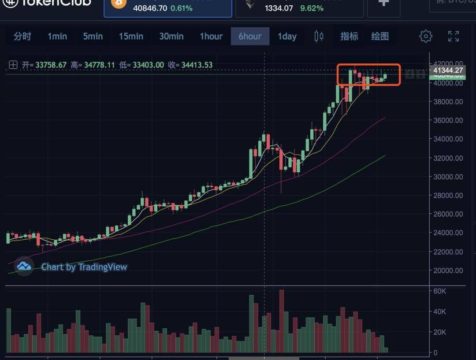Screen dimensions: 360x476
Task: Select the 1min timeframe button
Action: tap(57, 36)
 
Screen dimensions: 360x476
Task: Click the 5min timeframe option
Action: tap(93, 36)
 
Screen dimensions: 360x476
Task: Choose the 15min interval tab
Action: tap(131, 36)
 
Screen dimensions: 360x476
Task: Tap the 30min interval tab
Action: tap(171, 36)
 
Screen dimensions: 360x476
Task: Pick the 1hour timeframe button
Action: tap(211, 36)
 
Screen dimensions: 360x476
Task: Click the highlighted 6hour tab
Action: tap(250, 36)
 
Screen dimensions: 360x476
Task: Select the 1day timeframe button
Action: tap(287, 36)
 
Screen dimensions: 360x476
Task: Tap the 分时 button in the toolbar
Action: tap(22, 36)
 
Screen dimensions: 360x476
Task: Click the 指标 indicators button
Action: tap(349, 36)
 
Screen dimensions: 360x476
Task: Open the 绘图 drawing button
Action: tap(380, 36)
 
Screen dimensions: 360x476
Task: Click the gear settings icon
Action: tap(426, 36)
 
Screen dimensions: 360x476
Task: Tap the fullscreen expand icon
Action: tap(454, 36)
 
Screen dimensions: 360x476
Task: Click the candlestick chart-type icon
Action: tap(319, 36)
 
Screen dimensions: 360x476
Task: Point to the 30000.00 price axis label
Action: tap(447, 177)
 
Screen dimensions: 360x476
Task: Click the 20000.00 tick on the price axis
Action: tap(447, 271)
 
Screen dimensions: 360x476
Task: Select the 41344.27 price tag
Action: tap(447, 70)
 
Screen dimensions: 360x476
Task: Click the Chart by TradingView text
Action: tap(84, 267)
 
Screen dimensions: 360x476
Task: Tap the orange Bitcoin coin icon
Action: tap(119, 4)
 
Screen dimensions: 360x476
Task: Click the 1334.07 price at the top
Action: tap(279, 8)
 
